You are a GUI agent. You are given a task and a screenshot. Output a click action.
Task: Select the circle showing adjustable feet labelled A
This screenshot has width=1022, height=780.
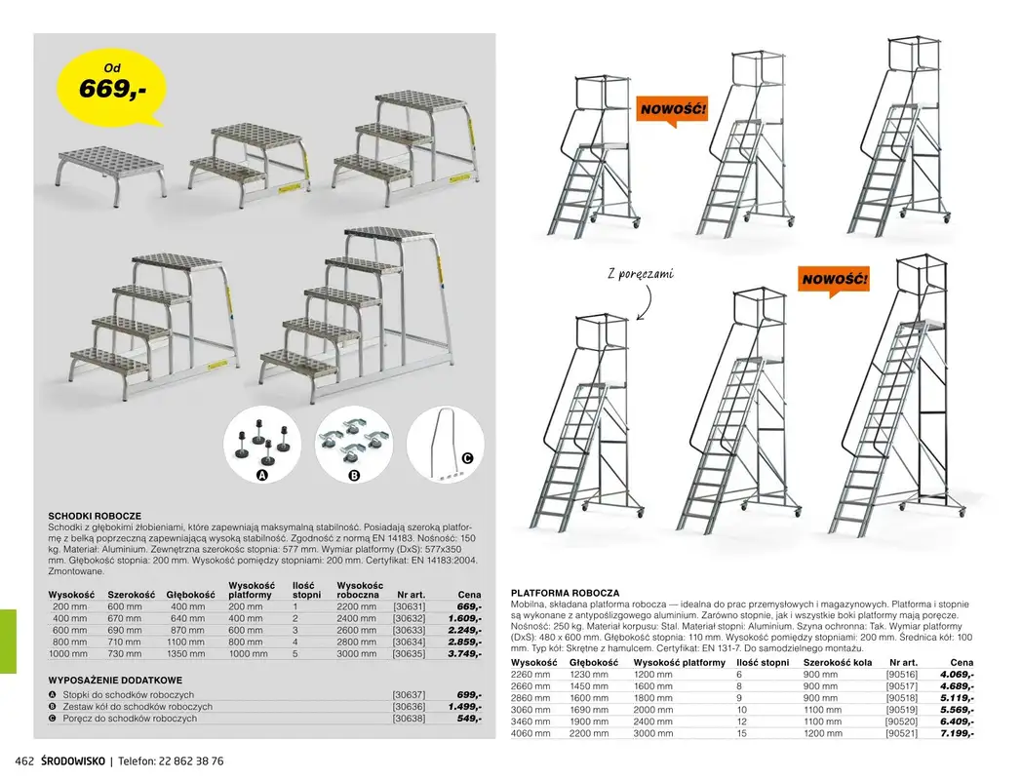click(x=261, y=444)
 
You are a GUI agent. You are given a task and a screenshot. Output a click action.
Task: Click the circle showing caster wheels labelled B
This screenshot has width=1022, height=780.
click(x=353, y=444)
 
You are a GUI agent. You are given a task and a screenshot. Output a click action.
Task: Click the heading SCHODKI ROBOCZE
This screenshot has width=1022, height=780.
click(x=96, y=515)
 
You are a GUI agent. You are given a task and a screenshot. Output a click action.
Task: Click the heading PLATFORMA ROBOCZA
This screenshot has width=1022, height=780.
click(x=566, y=593)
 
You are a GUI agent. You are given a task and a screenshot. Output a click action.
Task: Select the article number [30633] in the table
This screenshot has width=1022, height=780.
click(x=409, y=630)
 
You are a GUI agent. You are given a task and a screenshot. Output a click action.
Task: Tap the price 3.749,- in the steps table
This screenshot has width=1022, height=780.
click(x=465, y=654)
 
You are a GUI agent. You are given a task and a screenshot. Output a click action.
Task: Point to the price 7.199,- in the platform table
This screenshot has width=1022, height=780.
click(x=956, y=732)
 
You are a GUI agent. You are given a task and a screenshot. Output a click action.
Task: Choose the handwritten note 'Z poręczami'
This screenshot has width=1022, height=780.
click(x=640, y=274)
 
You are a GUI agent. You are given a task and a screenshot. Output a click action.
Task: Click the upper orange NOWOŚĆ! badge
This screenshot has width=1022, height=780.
click(x=672, y=109)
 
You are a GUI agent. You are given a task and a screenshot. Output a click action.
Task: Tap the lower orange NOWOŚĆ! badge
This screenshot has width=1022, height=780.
click(x=835, y=280)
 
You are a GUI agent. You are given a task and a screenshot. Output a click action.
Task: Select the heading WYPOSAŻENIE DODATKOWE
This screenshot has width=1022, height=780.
click(x=115, y=680)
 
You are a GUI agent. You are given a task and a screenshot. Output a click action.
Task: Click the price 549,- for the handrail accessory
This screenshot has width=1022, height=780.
click(x=469, y=719)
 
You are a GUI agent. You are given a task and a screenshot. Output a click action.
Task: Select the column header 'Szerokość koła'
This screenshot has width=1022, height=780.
click(x=837, y=662)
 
